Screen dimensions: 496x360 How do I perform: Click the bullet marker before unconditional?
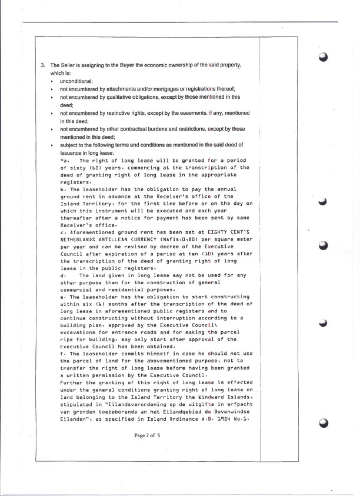click(52, 81)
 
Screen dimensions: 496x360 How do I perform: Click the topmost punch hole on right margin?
click(323, 57)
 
